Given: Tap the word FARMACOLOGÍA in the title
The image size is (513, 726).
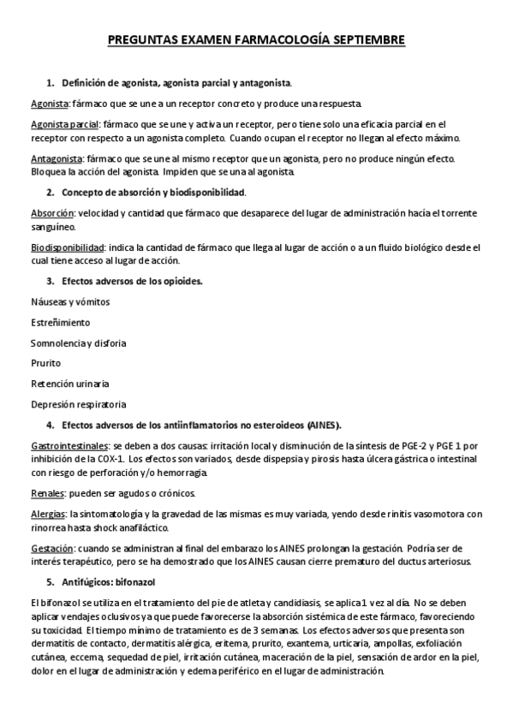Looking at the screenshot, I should pos(270,39).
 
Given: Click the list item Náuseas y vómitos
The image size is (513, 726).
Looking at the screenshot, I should pos(69,301).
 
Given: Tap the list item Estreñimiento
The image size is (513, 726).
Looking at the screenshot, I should pos(60,322).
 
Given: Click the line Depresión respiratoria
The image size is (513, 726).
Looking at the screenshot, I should pos(79,404).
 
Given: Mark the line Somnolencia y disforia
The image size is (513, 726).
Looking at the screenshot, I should pos(78,342).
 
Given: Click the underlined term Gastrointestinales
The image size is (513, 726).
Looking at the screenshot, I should pos(69,446).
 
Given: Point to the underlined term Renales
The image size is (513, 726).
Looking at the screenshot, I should pos(48,493).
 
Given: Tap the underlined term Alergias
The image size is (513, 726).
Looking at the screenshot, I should pos(49,514).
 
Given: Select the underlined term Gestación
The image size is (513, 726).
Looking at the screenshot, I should pos(52,548).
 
